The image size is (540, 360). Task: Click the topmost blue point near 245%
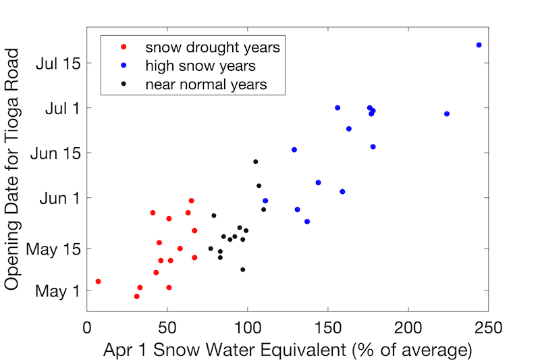click(x=479, y=45)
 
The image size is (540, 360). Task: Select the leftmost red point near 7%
click(x=99, y=281)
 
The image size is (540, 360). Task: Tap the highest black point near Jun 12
click(x=256, y=161)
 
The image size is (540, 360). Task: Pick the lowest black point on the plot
click(x=243, y=269)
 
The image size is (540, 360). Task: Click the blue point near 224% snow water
click(x=447, y=114)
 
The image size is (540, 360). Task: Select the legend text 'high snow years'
click(x=200, y=66)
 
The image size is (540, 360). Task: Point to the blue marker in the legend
click(x=122, y=66)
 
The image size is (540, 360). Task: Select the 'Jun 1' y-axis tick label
click(x=59, y=197)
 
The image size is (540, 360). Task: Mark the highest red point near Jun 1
click(x=192, y=201)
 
